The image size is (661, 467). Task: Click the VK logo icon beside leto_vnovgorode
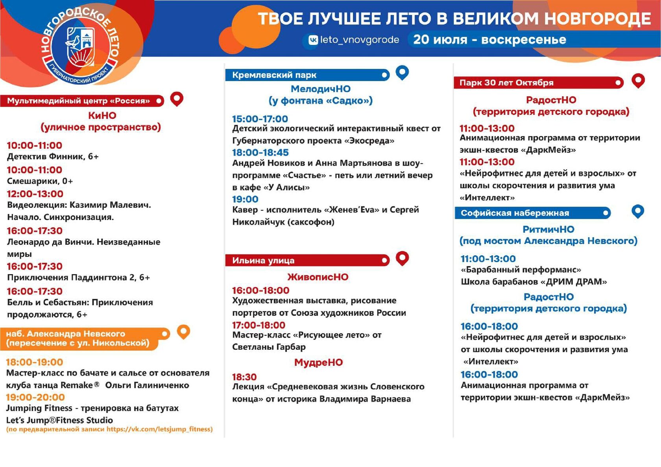(x=313, y=40)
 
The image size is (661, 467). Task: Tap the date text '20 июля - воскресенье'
(x=489, y=39)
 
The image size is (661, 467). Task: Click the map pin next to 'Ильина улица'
(x=402, y=258)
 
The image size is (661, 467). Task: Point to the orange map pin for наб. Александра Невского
(x=183, y=332)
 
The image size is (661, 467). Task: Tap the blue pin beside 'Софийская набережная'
(x=638, y=212)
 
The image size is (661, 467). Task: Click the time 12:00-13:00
(x=35, y=194)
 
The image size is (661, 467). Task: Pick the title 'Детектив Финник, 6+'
(x=53, y=156)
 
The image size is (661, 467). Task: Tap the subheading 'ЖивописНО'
(x=318, y=277)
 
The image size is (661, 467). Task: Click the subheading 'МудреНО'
(x=318, y=362)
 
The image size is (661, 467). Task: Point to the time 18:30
(x=244, y=377)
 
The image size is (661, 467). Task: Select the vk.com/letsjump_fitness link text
(x=159, y=429)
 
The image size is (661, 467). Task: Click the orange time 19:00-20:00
(x=35, y=397)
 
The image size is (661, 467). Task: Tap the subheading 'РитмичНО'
(x=548, y=229)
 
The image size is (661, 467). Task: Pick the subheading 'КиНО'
(x=102, y=115)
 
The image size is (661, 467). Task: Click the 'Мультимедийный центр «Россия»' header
(x=79, y=101)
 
